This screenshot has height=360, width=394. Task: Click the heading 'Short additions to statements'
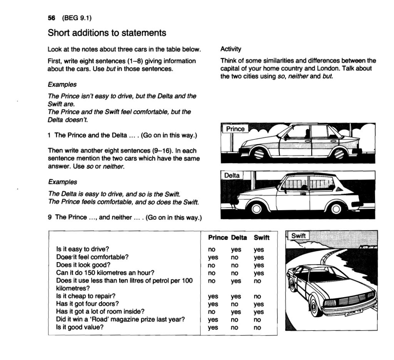click(x=107, y=33)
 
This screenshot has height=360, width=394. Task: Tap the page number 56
click(x=51, y=18)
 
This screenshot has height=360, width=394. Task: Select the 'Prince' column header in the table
click(x=218, y=238)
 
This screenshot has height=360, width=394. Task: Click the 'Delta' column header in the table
click(x=239, y=238)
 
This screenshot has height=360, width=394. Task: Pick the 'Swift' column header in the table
click(x=261, y=238)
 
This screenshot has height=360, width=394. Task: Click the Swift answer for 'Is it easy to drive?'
click(x=259, y=249)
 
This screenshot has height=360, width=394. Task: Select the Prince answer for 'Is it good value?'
click(x=213, y=328)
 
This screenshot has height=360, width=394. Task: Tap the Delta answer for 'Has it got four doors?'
click(x=234, y=304)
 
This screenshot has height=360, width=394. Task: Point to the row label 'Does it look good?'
click(x=83, y=265)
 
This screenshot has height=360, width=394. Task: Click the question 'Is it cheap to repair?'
click(x=86, y=296)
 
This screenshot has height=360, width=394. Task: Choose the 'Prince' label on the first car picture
click(x=235, y=129)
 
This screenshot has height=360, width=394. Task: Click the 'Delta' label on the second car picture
click(x=232, y=176)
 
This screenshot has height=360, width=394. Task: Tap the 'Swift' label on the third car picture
click(x=298, y=236)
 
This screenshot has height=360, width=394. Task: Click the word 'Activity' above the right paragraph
click(x=231, y=49)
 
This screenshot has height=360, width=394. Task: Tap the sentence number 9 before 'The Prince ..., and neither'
click(x=50, y=217)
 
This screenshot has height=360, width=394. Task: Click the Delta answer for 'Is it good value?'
click(x=234, y=328)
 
